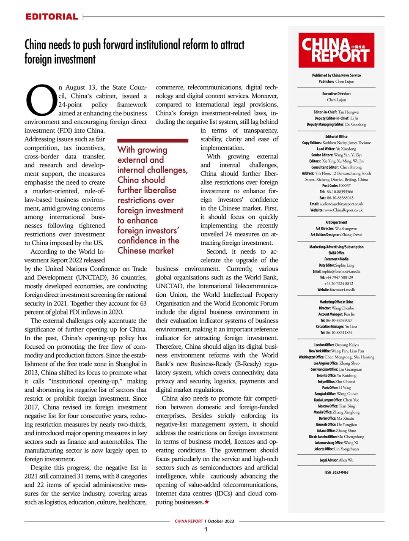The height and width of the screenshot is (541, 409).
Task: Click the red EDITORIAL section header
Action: [x=52, y=17]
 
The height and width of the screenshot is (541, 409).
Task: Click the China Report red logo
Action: [x=336, y=50]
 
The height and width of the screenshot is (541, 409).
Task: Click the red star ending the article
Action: [x=207, y=502]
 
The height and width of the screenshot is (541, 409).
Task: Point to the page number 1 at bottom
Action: [x=206, y=530]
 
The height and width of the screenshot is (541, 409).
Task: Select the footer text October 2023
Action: [x=221, y=521]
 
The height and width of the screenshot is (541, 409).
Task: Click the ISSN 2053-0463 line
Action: [x=336, y=473]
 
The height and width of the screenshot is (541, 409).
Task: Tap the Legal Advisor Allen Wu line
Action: [x=336, y=460]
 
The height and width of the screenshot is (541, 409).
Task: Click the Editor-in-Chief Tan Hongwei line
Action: [x=336, y=112]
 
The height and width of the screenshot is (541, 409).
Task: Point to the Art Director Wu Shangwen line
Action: [x=336, y=228]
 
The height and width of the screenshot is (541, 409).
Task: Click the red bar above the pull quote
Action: [x=153, y=140]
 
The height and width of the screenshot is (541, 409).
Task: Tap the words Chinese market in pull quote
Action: [x=145, y=251]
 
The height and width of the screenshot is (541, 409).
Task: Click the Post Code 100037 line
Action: [x=336, y=186]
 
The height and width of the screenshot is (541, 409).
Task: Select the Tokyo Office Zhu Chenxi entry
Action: [x=336, y=382]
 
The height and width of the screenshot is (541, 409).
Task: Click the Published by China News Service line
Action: [x=336, y=75]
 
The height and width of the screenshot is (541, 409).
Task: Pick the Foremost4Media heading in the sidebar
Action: [x=336, y=259]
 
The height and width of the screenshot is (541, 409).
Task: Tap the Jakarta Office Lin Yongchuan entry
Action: [x=336, y=449]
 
